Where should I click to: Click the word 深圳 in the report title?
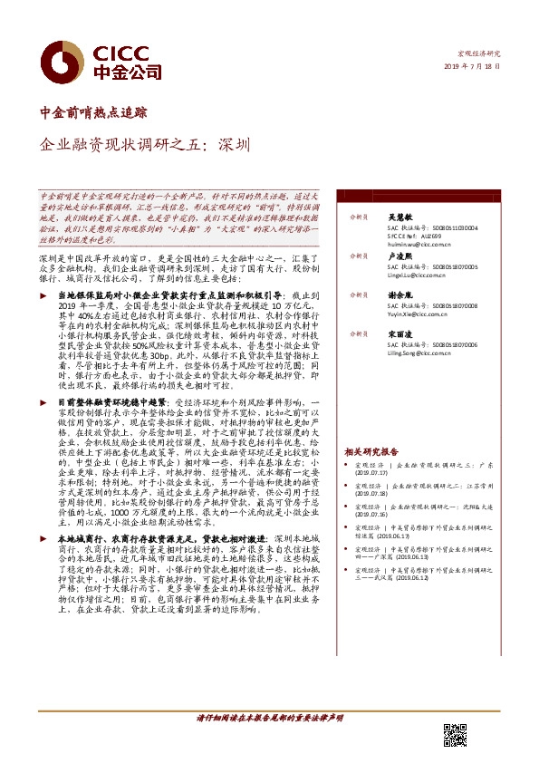coord(235,143)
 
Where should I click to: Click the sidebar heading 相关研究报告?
coord(371,450)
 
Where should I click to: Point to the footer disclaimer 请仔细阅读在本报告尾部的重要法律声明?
coord(269,718)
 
